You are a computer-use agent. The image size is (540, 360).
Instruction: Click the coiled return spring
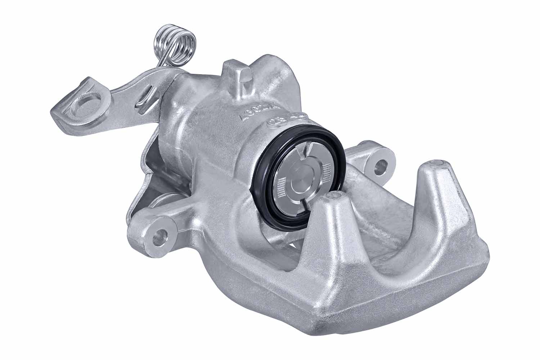(x=176, y=45)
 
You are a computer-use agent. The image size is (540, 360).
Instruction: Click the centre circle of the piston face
(x=302, y=180)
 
